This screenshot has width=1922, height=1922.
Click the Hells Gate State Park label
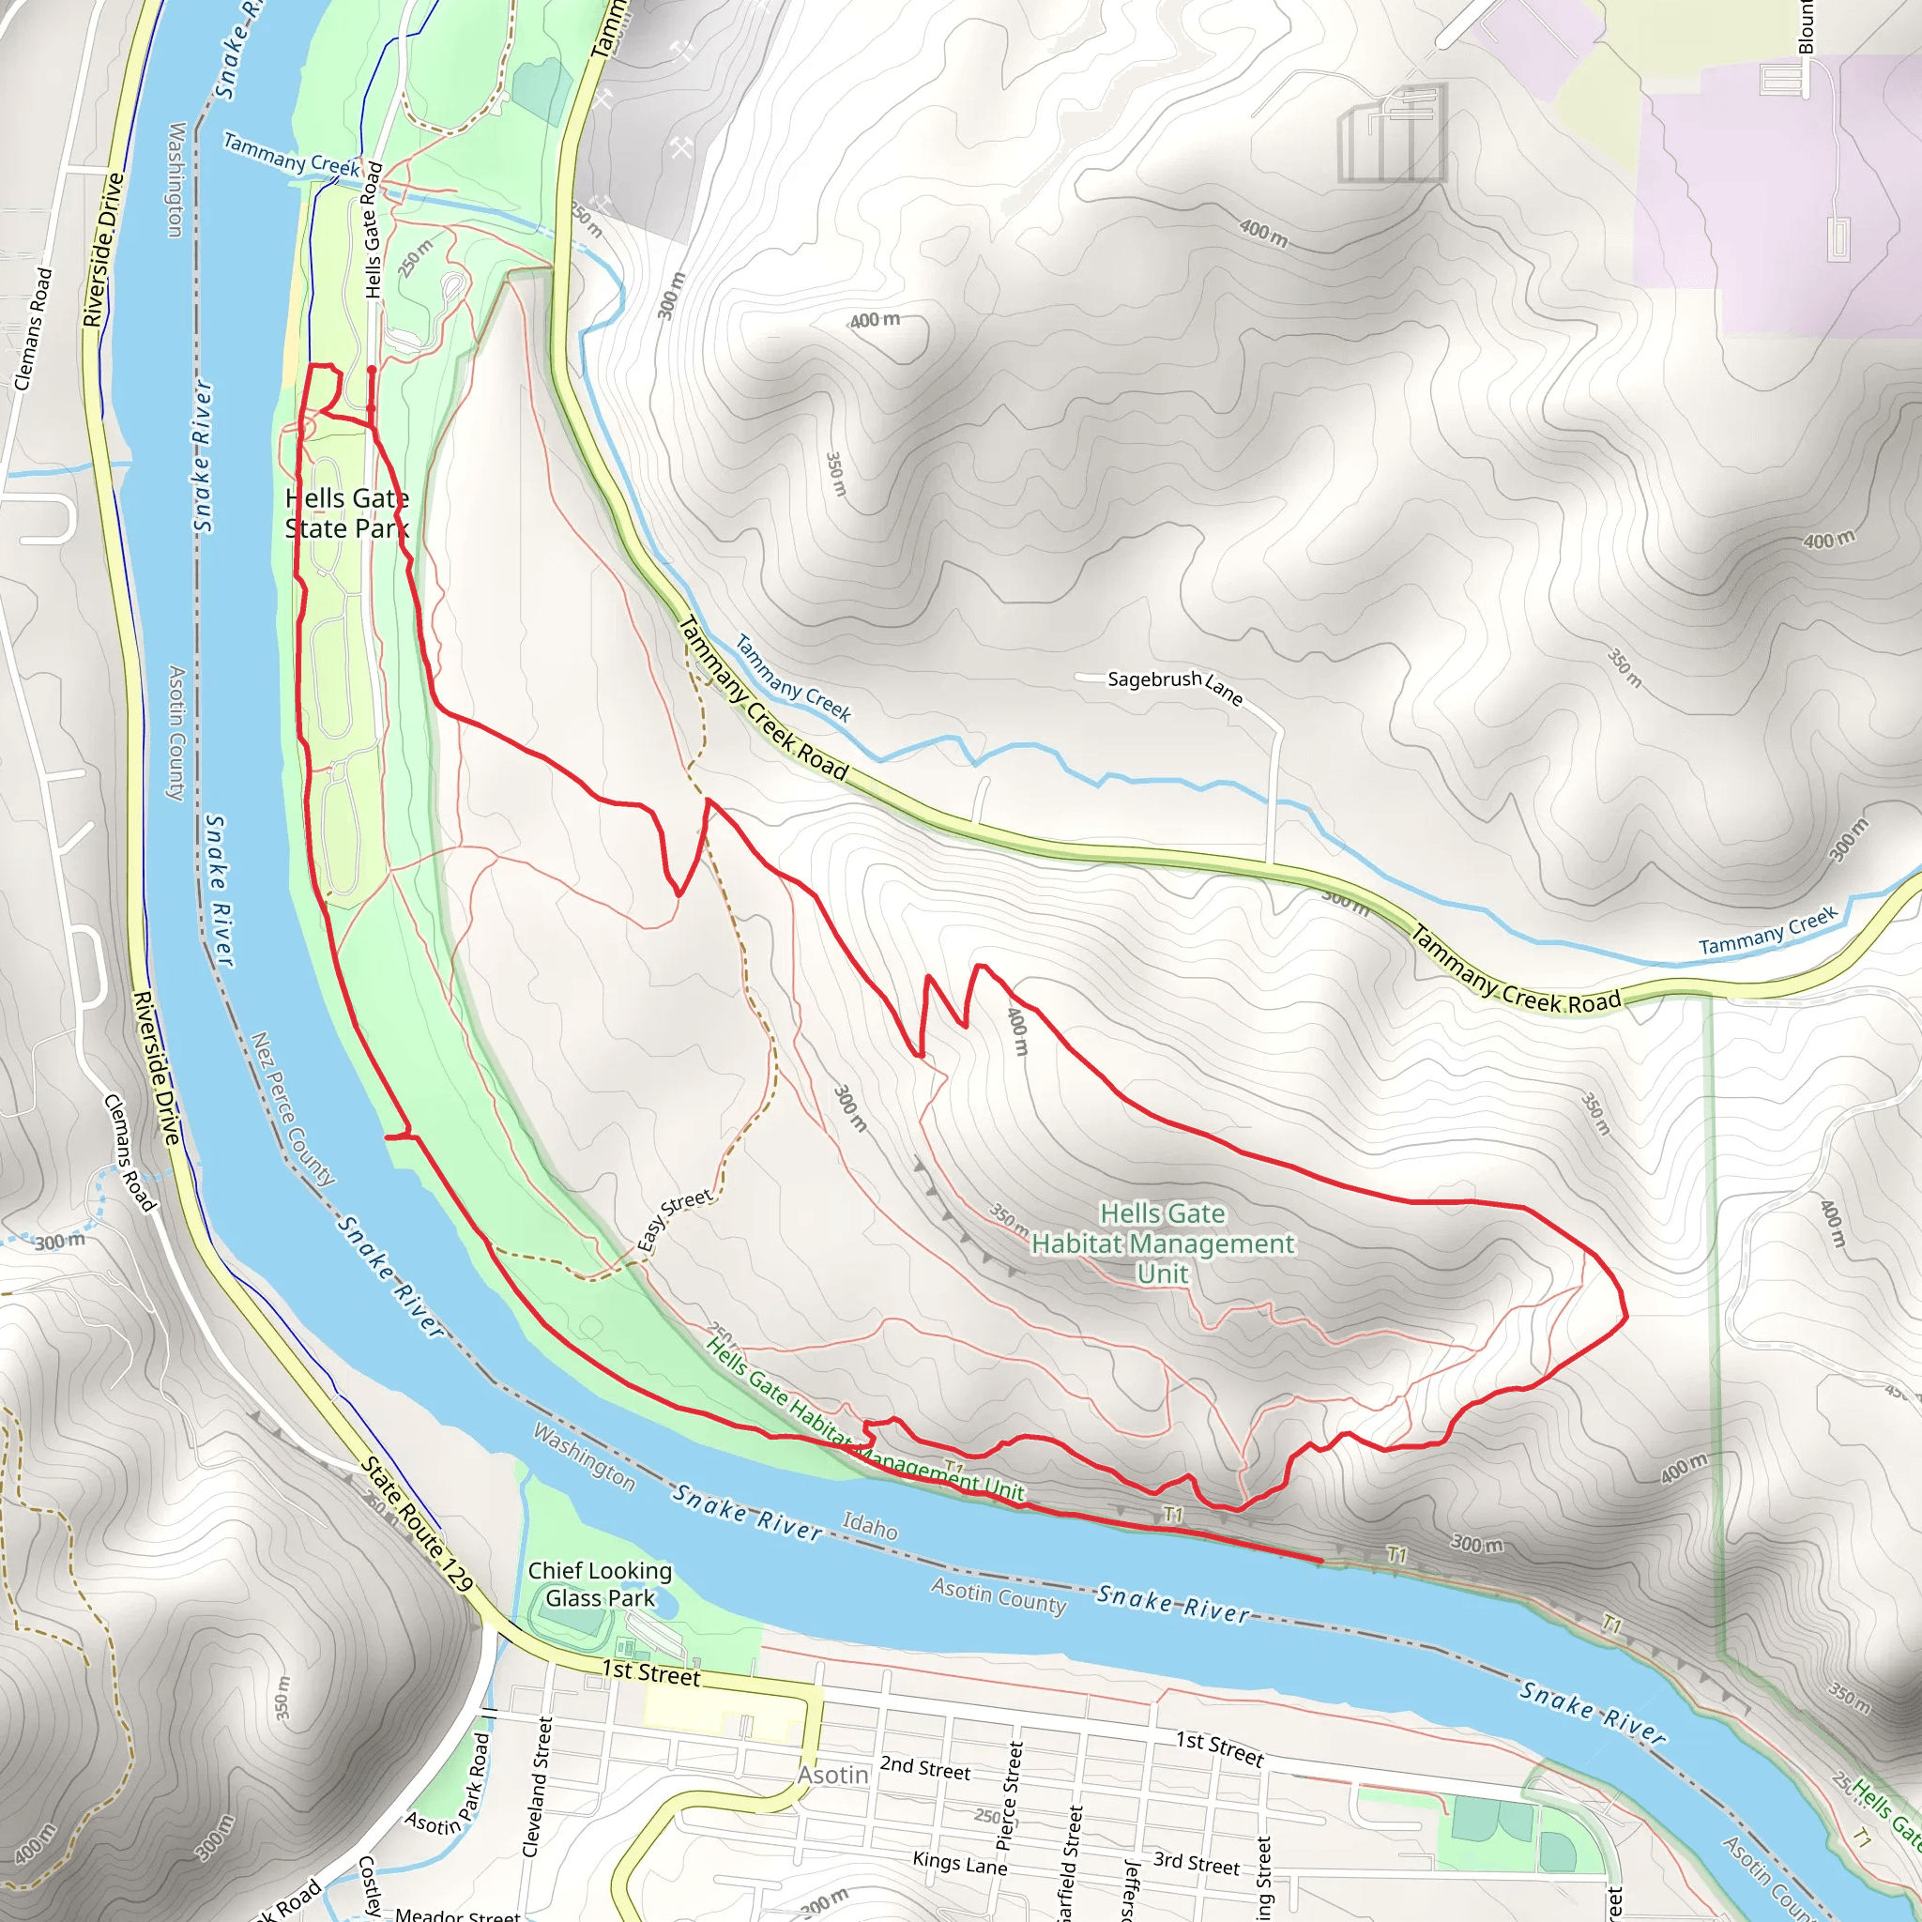[x=346, y=513]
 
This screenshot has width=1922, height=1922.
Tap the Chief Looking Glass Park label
[x=600, y=1584]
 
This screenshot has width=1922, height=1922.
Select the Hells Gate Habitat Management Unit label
[x=1162, y=1243]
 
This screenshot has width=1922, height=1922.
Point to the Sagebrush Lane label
[x=1174, y=684]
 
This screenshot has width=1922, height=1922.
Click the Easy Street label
[x=675, y=1220]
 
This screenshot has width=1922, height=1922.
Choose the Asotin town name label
[x=832, y=1774]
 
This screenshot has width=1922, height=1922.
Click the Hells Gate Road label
[x=374, y=230]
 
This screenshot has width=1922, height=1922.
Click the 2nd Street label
[x=924, y=1768]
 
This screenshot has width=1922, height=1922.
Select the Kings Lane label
[x=959, y=1862]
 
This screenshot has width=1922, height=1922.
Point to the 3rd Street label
[x=1196, y=1863]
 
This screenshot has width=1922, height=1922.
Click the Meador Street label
[x=457, y=1913]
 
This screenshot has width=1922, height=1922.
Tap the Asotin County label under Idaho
[x=998, y=1595]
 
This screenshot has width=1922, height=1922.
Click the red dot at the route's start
[x=371, y=370]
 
